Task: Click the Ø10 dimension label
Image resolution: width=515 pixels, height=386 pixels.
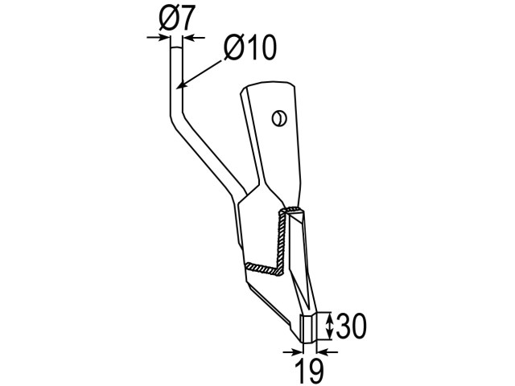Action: point(250,48)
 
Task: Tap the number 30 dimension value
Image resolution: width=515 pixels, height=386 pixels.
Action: point(351,326)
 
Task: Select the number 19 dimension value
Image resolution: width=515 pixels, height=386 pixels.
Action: point(309,371)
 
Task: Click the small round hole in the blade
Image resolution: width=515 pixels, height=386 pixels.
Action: point(279,118)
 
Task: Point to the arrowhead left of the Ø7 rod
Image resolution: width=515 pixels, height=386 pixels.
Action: point(165,38)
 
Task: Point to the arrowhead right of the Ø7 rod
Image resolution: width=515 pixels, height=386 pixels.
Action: point(188,38)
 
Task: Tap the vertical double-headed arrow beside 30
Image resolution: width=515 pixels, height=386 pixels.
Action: point(329,326)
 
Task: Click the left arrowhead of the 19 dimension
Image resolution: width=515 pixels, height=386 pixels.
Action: point(297,352)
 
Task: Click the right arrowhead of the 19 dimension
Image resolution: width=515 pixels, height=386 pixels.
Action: point(322,352)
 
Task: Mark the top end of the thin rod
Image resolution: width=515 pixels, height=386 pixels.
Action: point(176,48)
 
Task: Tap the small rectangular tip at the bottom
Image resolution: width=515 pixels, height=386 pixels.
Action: point(309,328)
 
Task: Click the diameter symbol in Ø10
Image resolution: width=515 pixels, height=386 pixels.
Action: point(233,48)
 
